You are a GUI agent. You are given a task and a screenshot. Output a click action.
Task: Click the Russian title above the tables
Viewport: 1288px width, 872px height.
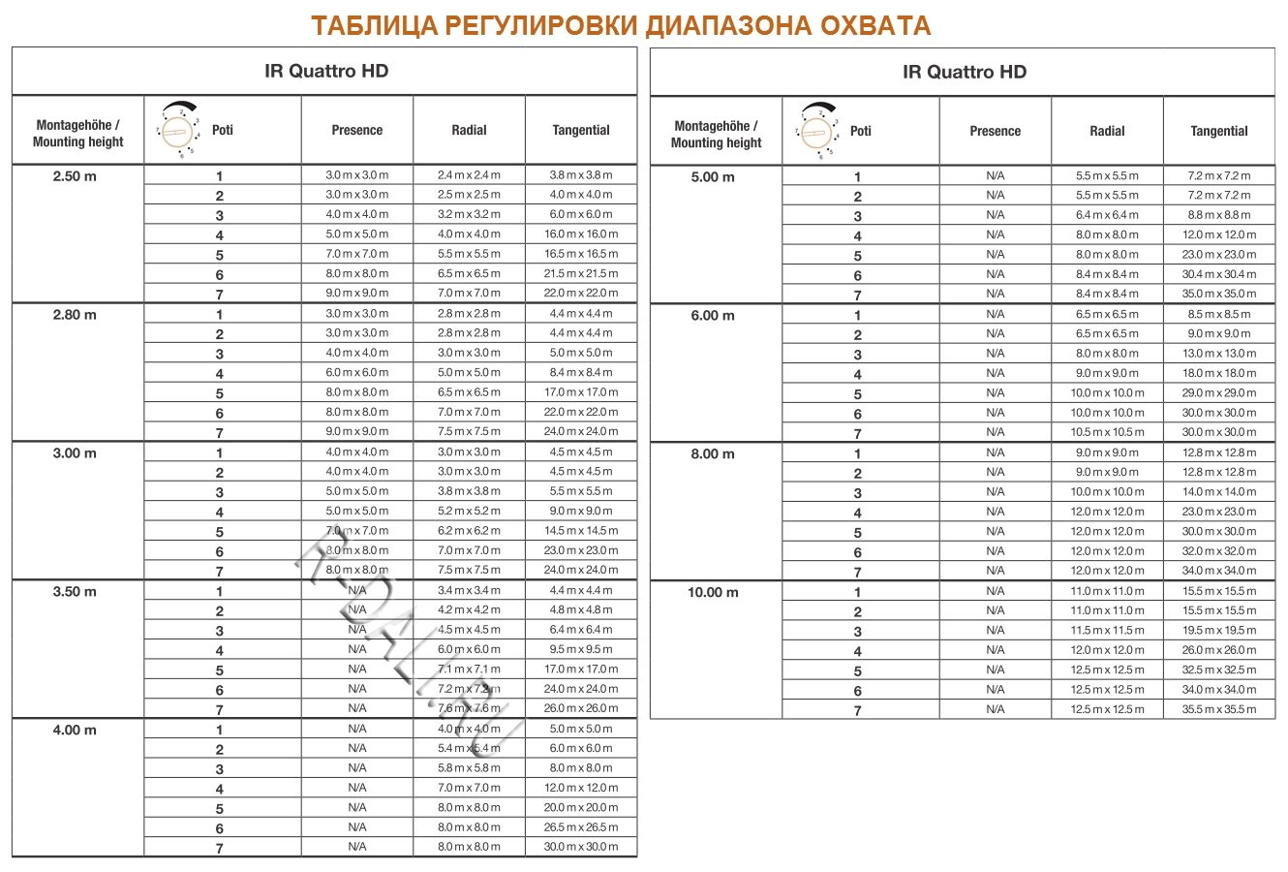click(x=621, y=26)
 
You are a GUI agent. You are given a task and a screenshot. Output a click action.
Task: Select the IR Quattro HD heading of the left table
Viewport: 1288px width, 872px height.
click(x=326, y=72)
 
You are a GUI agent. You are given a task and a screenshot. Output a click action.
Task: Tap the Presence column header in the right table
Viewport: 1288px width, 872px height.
click(x=995, y=132)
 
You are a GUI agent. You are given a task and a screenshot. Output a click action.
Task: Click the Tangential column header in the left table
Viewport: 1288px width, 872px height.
click(x=581, y=131)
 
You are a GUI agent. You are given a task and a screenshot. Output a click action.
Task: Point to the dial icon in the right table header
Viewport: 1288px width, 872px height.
click(x=818, y=130)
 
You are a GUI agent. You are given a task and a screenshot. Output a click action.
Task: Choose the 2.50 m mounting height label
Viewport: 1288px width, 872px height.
click(x=76, y=176)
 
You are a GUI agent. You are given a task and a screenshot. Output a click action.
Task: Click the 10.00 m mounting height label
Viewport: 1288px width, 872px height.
click(x=713, y=593)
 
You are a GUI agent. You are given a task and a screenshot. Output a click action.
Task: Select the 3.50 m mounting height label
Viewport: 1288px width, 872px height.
click(x=76, y=592)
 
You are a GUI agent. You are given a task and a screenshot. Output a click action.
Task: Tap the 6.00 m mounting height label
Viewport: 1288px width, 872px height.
click(x=713, y=316)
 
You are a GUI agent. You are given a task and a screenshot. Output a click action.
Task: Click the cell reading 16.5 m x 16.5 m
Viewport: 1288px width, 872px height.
click(x=581, y=254)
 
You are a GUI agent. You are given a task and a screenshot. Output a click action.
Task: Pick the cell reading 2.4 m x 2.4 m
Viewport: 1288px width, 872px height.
click(x=469, y=175)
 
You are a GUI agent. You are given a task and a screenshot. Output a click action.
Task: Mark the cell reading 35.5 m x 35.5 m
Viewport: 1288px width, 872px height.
click(x=1219, y=709)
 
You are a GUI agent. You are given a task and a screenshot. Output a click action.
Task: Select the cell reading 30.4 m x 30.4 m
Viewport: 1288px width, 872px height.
click(x=1219, y=274)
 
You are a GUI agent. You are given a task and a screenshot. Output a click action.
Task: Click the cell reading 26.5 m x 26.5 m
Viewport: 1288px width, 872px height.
click(x=581, y=827)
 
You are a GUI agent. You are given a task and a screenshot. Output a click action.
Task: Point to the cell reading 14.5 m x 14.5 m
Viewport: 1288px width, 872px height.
click(x=581, y=531)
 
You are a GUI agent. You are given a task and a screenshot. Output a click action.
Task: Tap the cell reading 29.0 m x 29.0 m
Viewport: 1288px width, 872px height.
click(x=1219, y=393)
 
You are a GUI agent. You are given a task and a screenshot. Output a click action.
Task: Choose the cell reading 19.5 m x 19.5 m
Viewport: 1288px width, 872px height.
click(x=1219, y=631)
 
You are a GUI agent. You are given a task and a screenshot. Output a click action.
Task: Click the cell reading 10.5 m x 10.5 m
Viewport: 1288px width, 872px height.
click(x=1107, y=432)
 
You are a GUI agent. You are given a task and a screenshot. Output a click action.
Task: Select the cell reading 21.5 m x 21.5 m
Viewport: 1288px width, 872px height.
click(x=581, y=273)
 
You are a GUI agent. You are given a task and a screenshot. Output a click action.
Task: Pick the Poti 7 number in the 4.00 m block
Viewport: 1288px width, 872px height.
click(x=220, y=849)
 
